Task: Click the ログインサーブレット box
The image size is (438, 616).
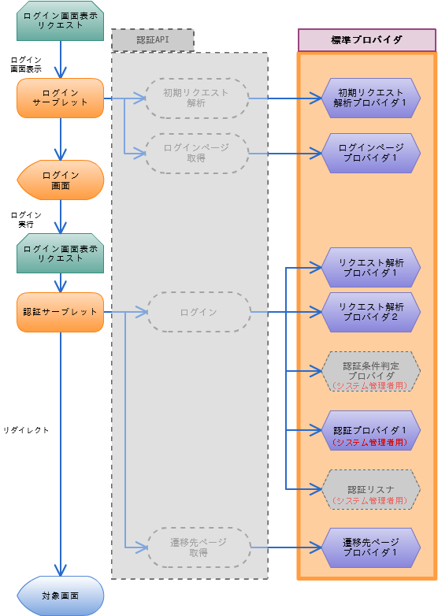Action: (x=60, y=98)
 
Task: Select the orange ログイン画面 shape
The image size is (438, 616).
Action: (x=60, y=180)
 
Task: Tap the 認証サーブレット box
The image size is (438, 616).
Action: (x=60, y=312)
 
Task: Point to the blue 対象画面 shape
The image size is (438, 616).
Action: (x=60, y=596)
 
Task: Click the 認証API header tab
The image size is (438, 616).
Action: (x=153, y=40)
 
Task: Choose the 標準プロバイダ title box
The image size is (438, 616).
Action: (x=367, y=40)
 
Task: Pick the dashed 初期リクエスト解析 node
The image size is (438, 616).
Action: (x=197, y=98)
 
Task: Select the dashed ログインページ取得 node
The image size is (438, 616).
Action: (x=197, y=154)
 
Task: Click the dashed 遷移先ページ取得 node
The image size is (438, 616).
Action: (x=199, y=547)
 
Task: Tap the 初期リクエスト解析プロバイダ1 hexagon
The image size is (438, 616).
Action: (x=371, y=98)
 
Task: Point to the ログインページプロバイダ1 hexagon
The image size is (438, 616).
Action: (x=371, y=153)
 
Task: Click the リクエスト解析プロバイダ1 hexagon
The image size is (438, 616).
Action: (x=371, y=268)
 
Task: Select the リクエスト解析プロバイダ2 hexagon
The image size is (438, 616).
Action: (x=371, y=312)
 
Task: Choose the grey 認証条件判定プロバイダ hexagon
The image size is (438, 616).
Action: (x=371, y=371)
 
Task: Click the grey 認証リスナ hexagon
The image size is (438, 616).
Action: (x=371, y=489)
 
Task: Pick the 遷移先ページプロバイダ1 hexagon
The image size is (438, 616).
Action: (x=371, y=547)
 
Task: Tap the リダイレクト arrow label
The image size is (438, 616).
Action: (x=26, y=430)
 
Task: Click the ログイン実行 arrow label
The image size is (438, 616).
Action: (x=26, y=220)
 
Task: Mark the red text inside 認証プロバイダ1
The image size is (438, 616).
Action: (x=370, y=443)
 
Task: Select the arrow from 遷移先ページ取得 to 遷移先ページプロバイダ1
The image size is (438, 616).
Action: (x=287, y=547)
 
